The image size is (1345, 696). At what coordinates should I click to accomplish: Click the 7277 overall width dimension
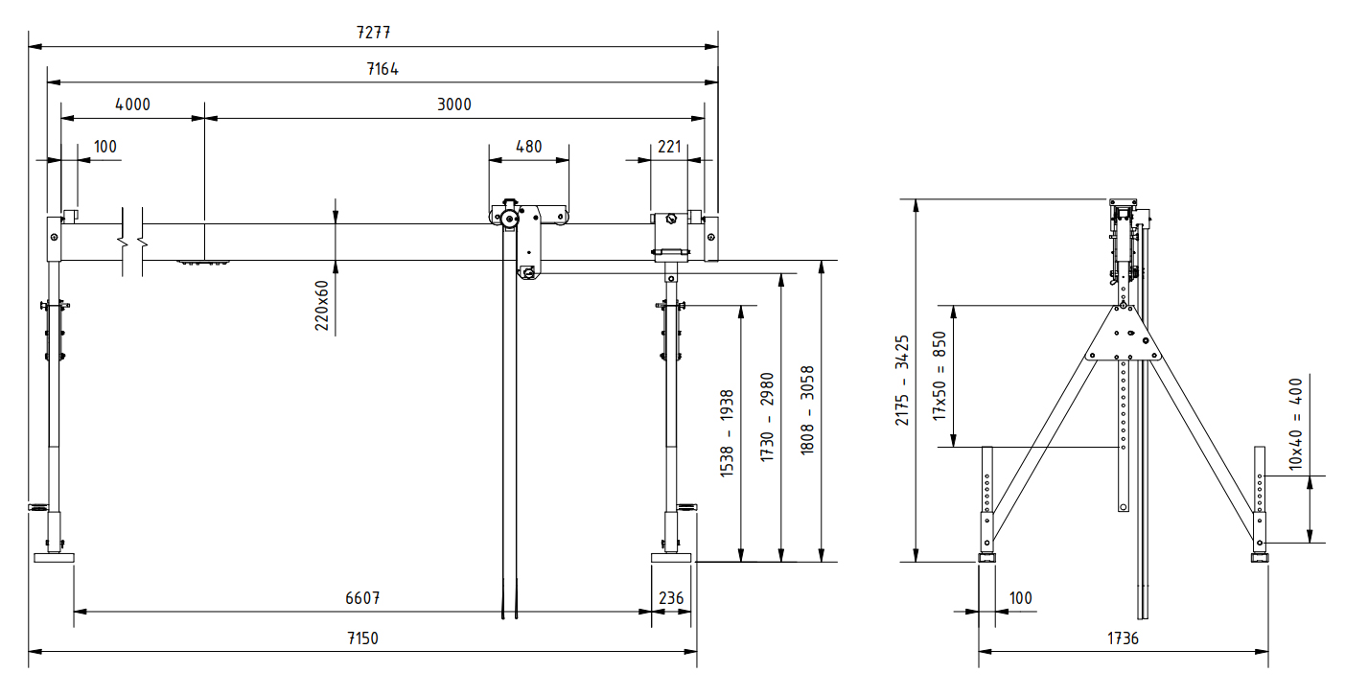373,32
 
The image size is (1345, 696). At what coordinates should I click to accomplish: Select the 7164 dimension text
382,69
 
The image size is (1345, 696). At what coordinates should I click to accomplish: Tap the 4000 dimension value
132,104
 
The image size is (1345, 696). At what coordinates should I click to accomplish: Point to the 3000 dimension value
454,104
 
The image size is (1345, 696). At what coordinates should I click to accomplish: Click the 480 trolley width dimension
528,147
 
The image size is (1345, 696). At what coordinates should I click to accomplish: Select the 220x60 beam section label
322,306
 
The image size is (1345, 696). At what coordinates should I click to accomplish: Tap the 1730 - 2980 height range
766,417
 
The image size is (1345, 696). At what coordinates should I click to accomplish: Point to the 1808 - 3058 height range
807,409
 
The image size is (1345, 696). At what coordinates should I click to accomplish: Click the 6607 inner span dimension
363,597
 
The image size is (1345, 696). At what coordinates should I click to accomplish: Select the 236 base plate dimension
671,597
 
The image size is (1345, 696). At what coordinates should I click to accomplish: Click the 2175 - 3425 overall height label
901,381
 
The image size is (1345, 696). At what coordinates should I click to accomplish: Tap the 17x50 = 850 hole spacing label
940,376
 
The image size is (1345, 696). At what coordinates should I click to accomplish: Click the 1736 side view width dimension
1123,638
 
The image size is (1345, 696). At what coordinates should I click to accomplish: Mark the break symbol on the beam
132,241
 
